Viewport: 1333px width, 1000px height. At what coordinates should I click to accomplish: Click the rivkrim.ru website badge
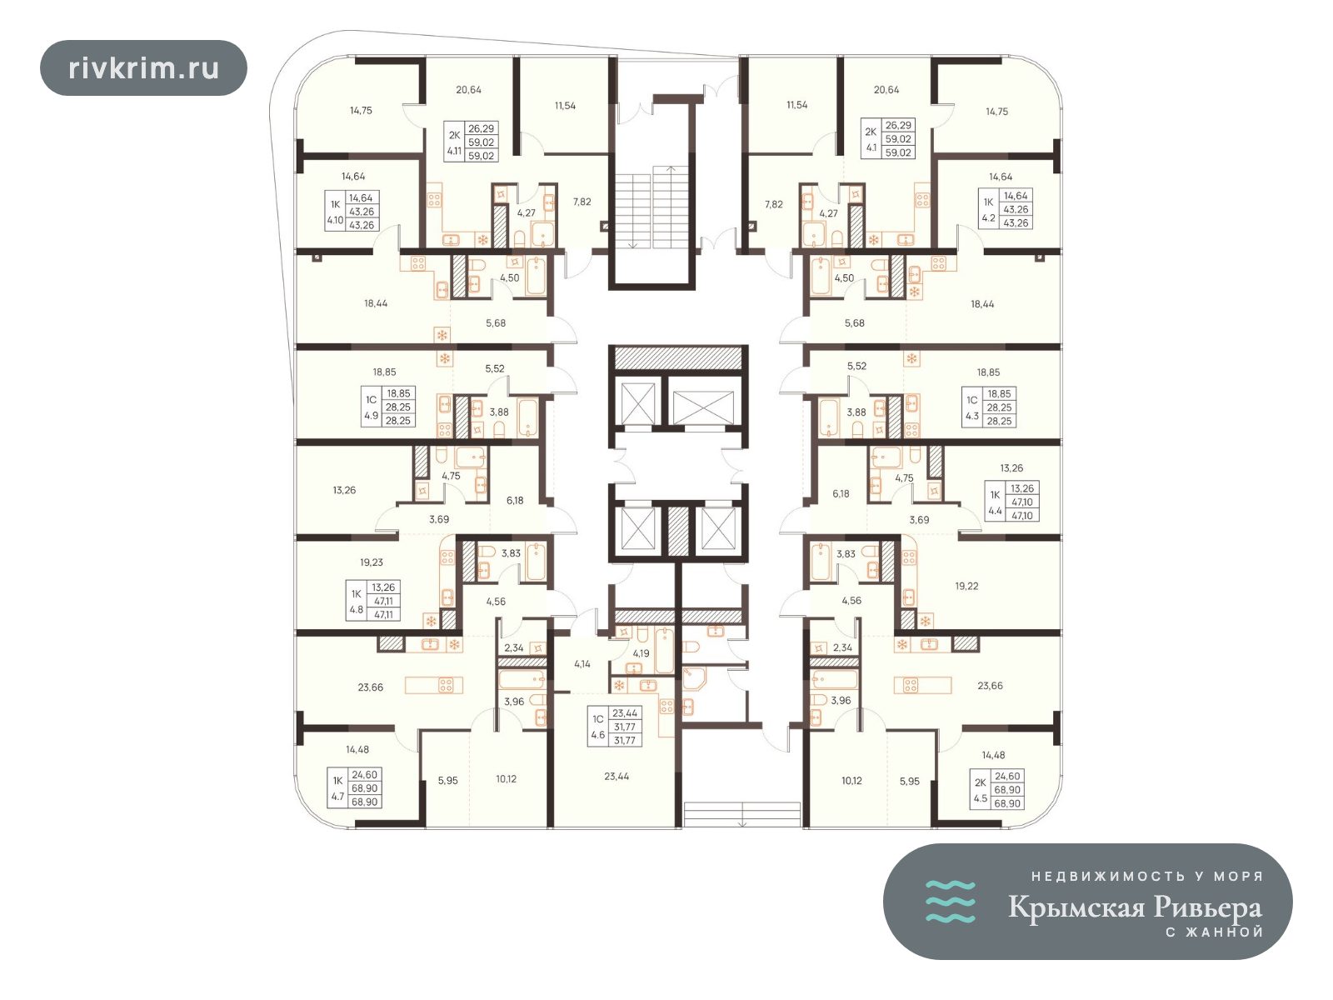tap(143, 68)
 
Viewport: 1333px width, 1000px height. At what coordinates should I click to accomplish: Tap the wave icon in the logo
tap(950, 901)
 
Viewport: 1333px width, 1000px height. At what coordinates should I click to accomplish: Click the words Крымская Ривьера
tap(1135, 907)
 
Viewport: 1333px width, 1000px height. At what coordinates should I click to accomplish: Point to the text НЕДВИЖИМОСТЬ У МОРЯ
tap(1146, 876)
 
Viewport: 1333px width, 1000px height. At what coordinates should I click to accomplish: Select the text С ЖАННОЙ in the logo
tap(1214, 932)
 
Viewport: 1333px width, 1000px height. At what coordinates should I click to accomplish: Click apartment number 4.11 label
tap(454, 150)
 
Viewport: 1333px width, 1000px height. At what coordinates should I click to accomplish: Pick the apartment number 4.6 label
tap(597, 735)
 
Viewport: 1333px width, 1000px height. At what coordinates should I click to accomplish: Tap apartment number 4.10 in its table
tap(335, 220)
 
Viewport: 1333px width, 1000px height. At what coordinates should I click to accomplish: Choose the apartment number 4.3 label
tap(971, 416)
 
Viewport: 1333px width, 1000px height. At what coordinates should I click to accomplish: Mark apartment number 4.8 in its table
tap(356, 609)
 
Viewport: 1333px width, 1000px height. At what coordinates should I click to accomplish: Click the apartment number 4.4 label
tap(995, 511)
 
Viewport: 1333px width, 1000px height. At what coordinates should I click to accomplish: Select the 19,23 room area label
tap(371, 562)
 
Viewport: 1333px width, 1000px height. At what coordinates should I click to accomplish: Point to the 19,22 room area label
tap(966, 586)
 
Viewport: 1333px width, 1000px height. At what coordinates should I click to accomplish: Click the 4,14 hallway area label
tap(582, 663)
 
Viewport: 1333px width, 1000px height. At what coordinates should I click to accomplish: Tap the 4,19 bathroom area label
tap(641, 653)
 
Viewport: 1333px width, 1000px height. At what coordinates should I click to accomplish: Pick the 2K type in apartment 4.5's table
tap(980, 782)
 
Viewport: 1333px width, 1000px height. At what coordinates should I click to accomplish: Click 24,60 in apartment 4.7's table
tap(364, 774)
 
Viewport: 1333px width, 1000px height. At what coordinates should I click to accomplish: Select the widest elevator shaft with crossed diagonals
tap(703, 407)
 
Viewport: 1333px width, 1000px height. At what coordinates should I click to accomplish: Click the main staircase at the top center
tap(653, 207)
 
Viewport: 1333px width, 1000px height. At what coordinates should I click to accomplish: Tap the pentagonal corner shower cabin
tap(694, 679)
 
